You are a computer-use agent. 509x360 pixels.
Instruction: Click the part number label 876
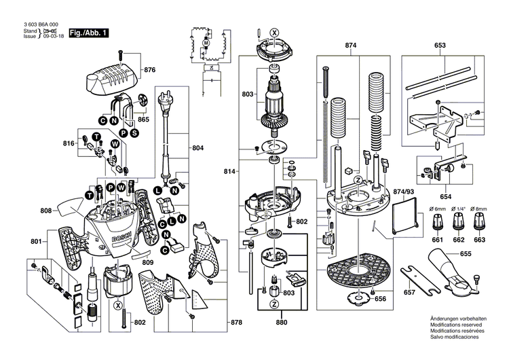point(150,70)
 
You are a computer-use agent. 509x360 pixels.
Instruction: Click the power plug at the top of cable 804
point(164,104)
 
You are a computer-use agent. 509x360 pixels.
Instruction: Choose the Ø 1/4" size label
point(458,208)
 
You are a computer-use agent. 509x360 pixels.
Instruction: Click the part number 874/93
point(404,192)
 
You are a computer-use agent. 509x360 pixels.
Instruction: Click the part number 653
point(440,46)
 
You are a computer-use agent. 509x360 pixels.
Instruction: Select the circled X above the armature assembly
point(274,32)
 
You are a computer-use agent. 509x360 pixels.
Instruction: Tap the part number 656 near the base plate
point(381,298)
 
